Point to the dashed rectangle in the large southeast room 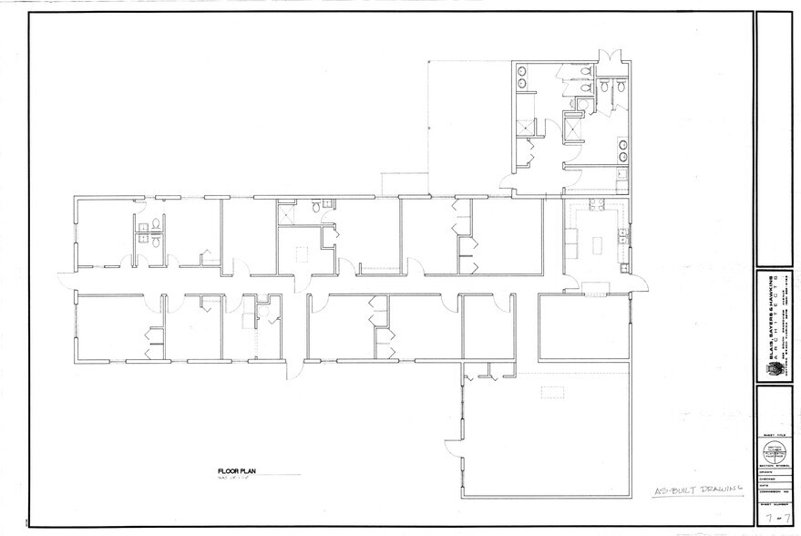pyautogui.click(x=554, y=392)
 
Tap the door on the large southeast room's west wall pyautogui.click(x=450, y=447)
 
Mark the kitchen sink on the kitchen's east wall pyautogui.click(x=622, y=239)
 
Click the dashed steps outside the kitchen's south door pyautogui.click(x=595, y=288)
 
